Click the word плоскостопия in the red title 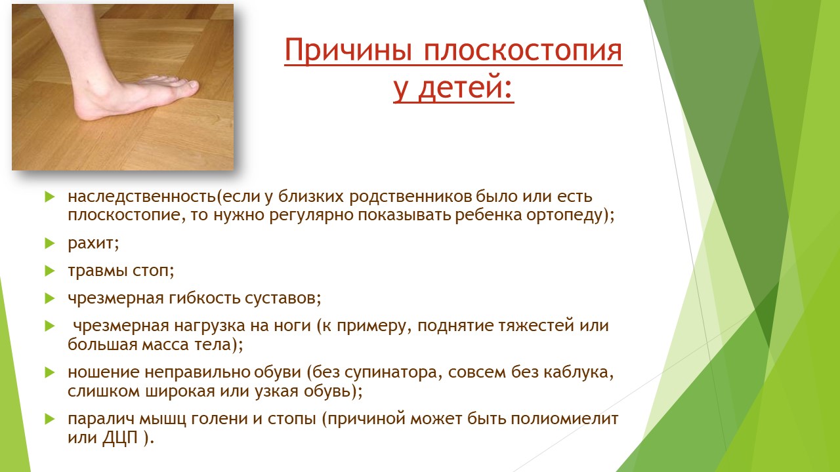click(x=524, y=51)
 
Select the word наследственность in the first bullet click(x=142, y=196)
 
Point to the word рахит click(x=91, y=244)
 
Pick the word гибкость click(x=204, y=298)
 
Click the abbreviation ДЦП click(x=120, y=438)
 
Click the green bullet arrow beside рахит click(x=50, y=244)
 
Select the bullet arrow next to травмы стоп click(x=50, y=271)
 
